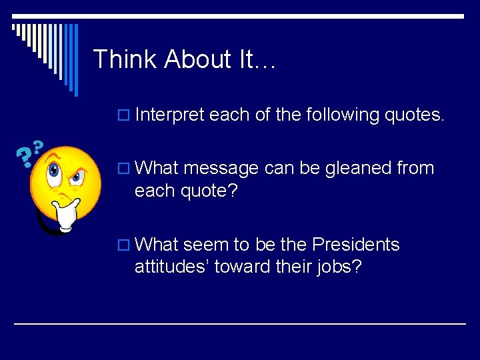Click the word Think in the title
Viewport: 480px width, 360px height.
[125, 59]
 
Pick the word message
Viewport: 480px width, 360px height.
[220, 168]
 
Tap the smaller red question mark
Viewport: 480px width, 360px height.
[38, 146]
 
